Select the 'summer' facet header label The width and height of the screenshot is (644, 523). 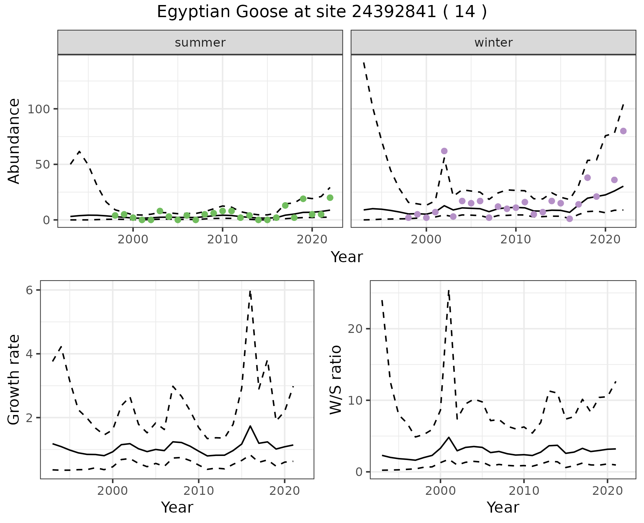pos(200,43)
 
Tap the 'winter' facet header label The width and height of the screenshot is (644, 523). pos(493,43)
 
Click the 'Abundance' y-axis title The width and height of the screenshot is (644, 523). pos(14,141)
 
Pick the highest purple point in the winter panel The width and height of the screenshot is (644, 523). pos(623,131)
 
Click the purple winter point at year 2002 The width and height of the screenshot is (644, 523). pos(444,151)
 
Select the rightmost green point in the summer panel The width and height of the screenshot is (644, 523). pos(330,198)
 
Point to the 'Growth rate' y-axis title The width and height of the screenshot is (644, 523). pos(14,380)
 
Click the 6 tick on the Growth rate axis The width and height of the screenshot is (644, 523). pos(30,290)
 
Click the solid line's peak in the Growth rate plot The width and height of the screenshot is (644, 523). pos(250,426)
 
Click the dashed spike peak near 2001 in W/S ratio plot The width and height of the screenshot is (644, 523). pos(449,290)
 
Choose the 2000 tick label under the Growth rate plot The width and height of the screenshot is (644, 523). pos(113,491)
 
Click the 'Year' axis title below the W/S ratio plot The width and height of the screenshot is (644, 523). pos(502,507)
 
